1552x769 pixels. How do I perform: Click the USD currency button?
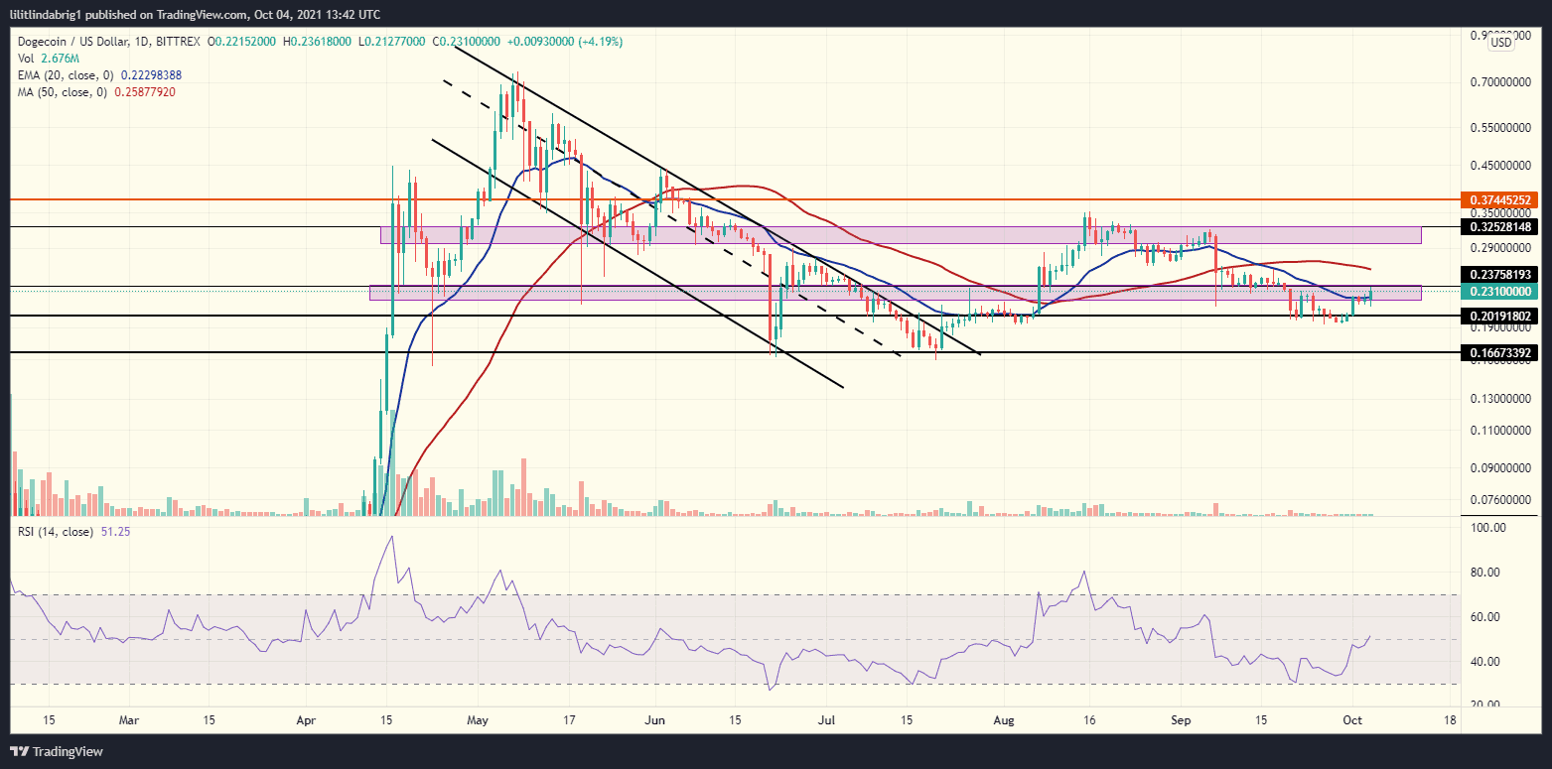(x=1501, y=43)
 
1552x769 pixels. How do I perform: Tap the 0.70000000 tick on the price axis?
(x=1501, y=82)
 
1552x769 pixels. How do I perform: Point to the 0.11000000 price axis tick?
(x=1501, y=432)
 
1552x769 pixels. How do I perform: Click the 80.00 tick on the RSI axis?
(x=1485, y=573)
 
